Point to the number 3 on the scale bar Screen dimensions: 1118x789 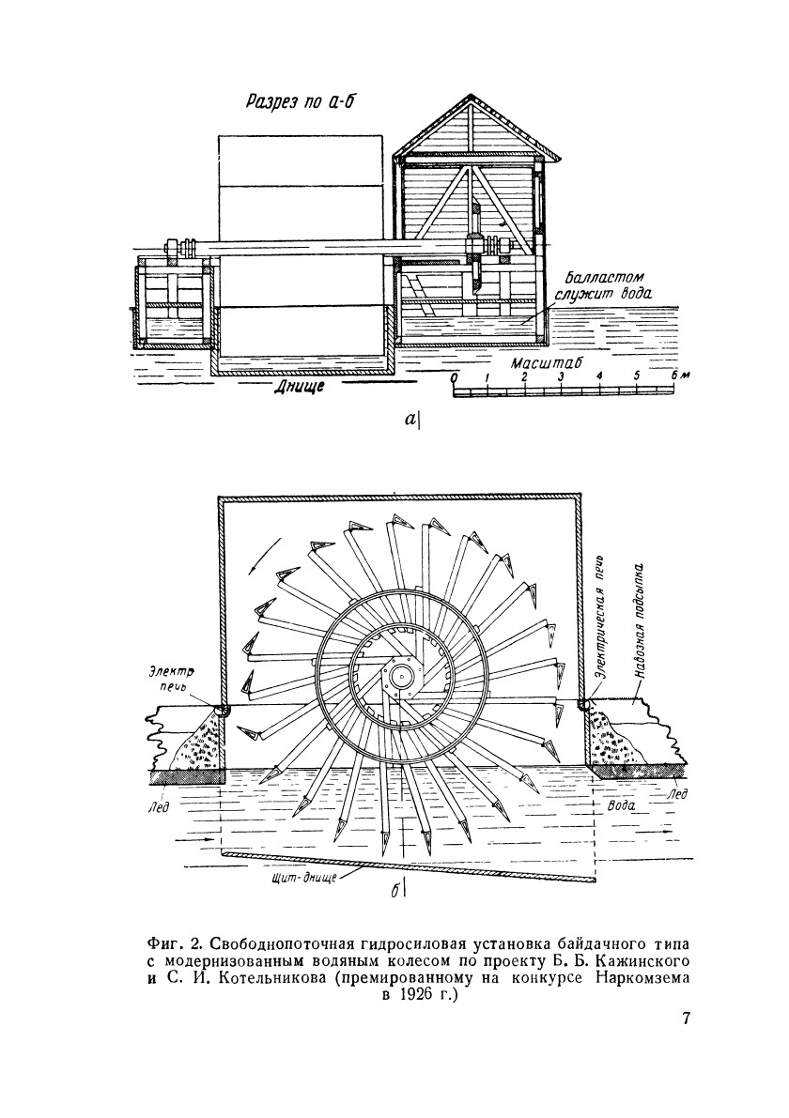tap(560, 377)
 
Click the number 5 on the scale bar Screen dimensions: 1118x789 tap(636, 377)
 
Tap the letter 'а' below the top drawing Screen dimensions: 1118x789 tap(410, 422)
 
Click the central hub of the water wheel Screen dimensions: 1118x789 tap(403, 674)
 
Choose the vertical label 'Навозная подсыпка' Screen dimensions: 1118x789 tap(640, 620)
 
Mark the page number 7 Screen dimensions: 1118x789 tap(685, 1020)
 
